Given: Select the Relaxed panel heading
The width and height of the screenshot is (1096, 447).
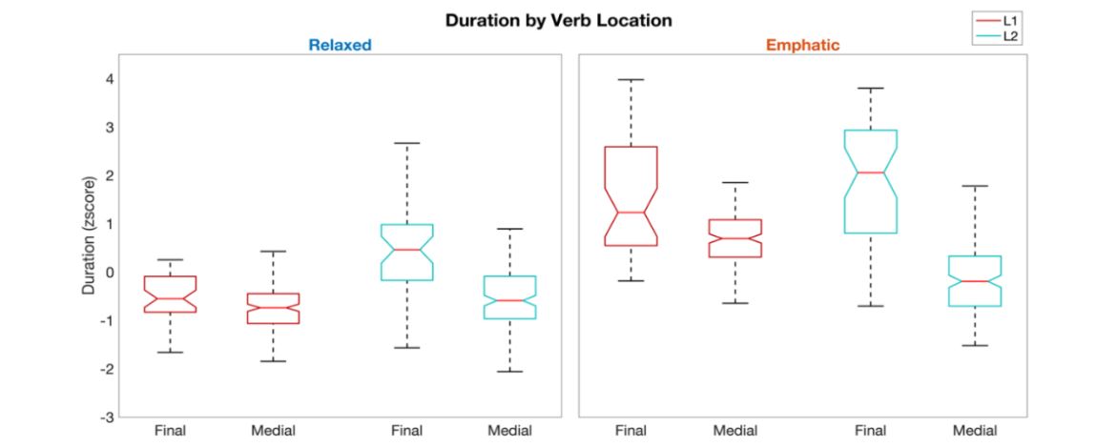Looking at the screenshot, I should click(x=340, y=45).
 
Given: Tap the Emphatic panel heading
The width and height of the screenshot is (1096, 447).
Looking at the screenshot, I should click(x=803, y=45).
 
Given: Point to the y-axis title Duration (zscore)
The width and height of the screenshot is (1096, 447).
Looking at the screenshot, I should click(x=89, y=234).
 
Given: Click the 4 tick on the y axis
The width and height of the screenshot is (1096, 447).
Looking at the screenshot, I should click(x=110, y=78).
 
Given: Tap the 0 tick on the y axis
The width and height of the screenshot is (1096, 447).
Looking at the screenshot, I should click(x=111, y=272).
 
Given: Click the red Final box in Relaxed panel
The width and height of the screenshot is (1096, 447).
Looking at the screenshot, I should click(x=170, y=294).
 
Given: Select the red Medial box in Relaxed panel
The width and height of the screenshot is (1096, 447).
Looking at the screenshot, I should click(x=273, y=308).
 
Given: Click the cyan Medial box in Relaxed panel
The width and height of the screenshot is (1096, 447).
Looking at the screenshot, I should click(x=509, y=296).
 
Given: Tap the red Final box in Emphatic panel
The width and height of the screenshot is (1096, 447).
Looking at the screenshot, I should click(x=631, y=195).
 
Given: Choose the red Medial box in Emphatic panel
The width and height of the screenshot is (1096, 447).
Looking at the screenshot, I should click(x=734, y=238).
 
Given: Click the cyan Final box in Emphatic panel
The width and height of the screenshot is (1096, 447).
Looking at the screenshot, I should click(x=870, y=181).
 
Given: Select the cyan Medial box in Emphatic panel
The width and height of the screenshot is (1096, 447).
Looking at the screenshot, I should click(x=974, y=280).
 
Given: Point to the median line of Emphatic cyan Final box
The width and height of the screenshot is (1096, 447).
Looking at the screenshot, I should click(x=870, y=173).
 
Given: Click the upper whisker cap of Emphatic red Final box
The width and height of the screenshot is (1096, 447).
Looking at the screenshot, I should click(x=631, y=80).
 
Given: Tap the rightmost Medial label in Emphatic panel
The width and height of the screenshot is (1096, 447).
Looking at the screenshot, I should click(x=974, y=431).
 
